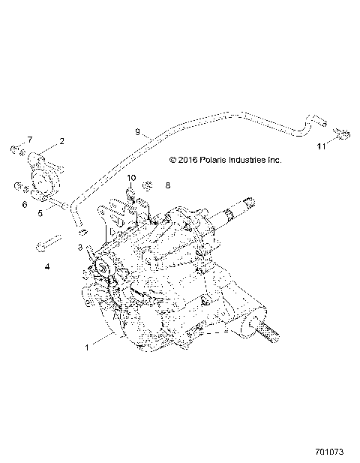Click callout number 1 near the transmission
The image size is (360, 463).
pyautogui.click(x=88, y=347)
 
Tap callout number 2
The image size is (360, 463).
pyautogui.click(x=61, y=140)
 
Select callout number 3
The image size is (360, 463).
pyautogui.click(x=79, y=247)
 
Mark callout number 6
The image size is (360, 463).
pyautogui.click(x=25, y=204)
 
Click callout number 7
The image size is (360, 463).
pyautogui.click(x=30, y=140)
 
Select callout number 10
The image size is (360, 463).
pyautogui.click(x=130, y=178)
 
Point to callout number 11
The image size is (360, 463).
pyautogui.click(x=320, y=147)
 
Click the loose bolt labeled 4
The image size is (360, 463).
pyautogui.click(x=48, y=245)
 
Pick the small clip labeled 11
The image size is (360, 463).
pyautogui.click(x=325, y=135)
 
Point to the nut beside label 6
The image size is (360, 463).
pyautogui.click(x=18, y=185)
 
